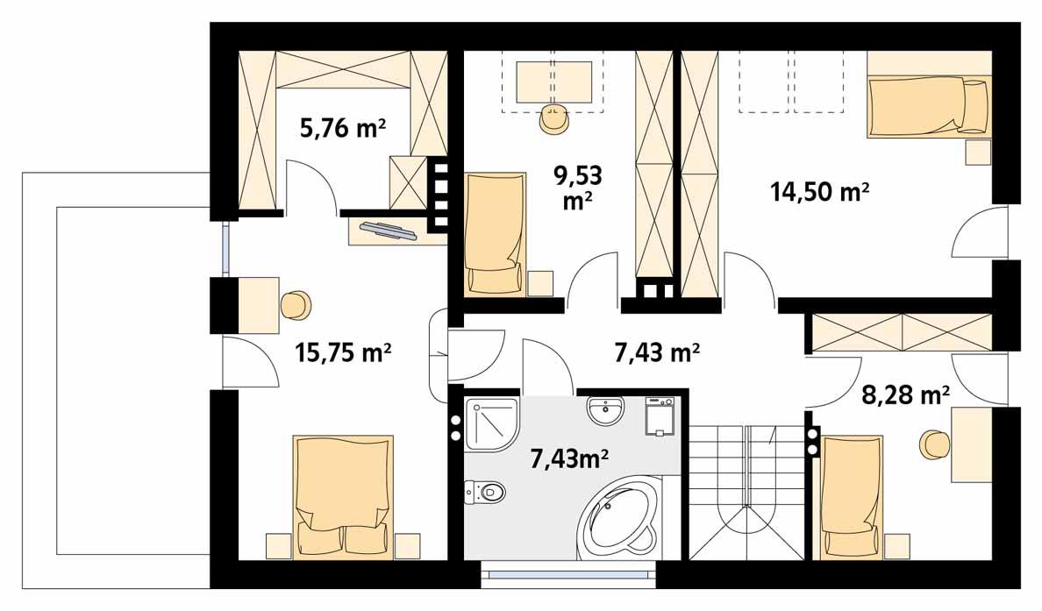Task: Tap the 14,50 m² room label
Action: [819, 190]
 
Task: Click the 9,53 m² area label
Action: [577, 188]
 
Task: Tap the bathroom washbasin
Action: [605, 409]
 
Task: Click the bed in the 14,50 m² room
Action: [927, 106]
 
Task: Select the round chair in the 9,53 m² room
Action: [553, 120]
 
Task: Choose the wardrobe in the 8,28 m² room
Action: [901, 331]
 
